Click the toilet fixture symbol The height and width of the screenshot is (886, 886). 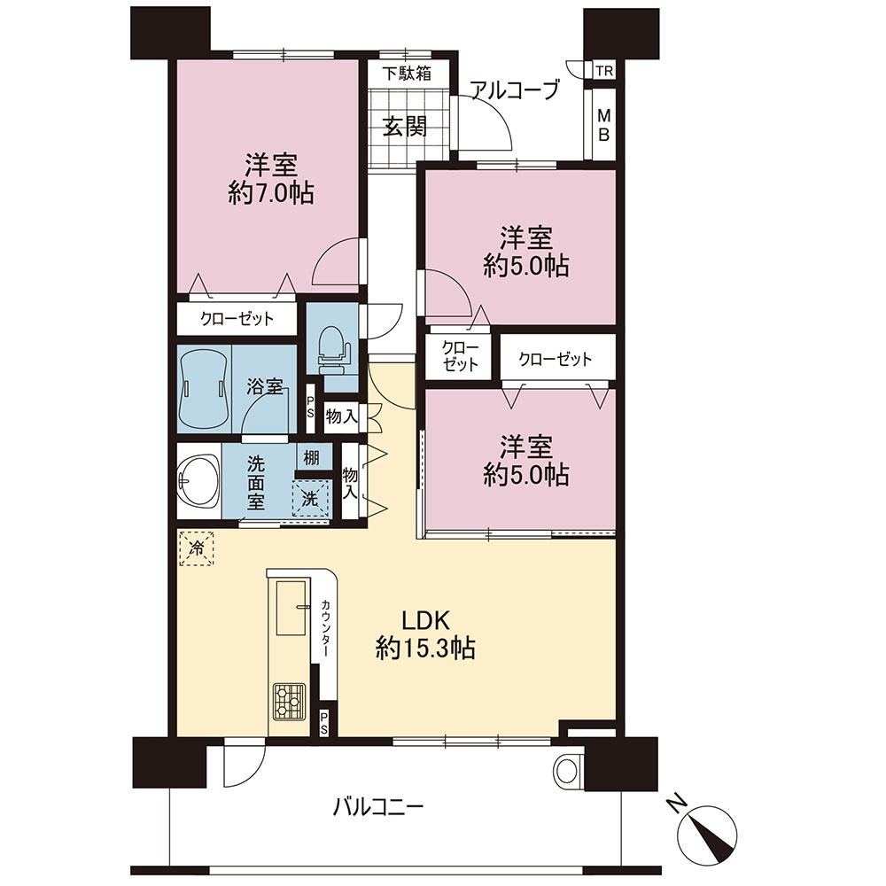[x=332, y=351]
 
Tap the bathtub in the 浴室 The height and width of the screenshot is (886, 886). [x=204, y=389]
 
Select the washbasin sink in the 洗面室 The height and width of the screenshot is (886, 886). [x=198, y=481]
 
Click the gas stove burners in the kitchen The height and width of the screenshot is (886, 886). [x=289, y=701]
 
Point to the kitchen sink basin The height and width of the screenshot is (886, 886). [x=292, y=607]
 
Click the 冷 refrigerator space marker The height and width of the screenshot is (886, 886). [x=197, y=547]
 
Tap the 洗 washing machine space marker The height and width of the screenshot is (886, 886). [x=310, y=498]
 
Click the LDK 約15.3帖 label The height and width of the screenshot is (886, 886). [x=425, y=634]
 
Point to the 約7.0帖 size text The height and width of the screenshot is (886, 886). [x=271, y=194]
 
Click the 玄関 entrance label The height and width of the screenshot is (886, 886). [x=405, y=126]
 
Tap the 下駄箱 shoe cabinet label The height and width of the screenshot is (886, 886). [x=407, y=74]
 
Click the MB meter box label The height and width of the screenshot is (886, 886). [x=604, y=126]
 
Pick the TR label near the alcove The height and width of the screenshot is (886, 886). [x=604, y=71]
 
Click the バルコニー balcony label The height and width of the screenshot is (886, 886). [x=377, y=806]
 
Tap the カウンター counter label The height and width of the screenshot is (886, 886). [x=325, y=628]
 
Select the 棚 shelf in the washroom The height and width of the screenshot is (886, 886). [x=311, y=456]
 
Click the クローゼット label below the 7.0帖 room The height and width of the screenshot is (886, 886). [x=237, y=319]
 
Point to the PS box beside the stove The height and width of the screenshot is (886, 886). [x=323, y=723]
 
